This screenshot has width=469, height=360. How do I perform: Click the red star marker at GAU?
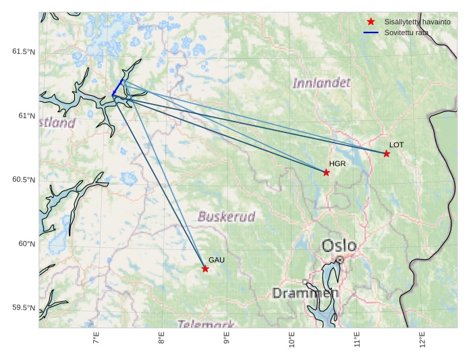(205, 269)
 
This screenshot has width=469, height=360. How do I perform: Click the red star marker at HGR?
(327, 173)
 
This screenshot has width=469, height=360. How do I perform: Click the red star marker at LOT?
(387, 154)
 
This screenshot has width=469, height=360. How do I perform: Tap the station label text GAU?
(216, 260)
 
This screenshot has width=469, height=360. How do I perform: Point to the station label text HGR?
(337, 164)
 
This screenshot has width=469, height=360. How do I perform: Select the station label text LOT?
(396, 145)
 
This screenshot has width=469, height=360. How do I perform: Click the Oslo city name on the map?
(338, 245)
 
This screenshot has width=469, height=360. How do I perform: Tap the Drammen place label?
(305, 293)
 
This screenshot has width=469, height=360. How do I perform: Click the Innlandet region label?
(321, 83)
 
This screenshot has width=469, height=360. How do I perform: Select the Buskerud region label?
(226, 217)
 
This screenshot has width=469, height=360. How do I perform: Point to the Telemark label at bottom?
(206, 324)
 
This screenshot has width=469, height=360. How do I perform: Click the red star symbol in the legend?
(370, 22)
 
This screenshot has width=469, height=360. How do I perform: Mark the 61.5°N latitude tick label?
(24, 52)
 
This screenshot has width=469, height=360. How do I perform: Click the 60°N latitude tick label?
(26, 244)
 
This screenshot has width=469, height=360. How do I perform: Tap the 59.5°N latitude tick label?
(24, 308)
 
